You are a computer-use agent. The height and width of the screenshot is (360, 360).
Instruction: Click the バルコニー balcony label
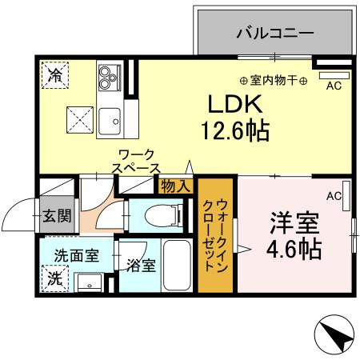275,34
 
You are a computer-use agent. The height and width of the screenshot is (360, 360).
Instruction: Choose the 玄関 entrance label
57,215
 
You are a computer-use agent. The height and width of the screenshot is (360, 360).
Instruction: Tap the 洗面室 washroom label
77,256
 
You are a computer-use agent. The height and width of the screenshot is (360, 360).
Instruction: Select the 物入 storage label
176,186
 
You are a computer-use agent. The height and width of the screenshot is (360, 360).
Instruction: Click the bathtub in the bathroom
174,265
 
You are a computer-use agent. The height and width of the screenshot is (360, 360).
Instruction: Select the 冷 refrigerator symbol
55,78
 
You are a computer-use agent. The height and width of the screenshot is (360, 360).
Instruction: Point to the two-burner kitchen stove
106,77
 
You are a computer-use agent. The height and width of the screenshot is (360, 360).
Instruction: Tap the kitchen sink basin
110,121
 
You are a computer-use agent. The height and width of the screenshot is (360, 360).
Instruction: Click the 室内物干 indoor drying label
273,80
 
